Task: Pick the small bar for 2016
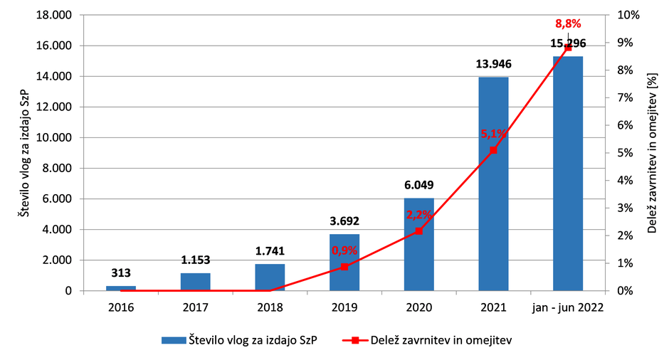tap(121, 288)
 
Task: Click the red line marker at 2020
tap(418, 231)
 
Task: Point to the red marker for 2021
tap(493, 150)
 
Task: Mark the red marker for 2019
tap(344, 266)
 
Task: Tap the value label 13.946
tap(493, 64)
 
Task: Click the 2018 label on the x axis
tap(270, 307)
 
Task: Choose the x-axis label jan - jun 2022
tap(567, 307)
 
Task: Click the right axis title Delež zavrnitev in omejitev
tap(652, 152)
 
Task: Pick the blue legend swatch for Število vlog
tap(173, 341)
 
